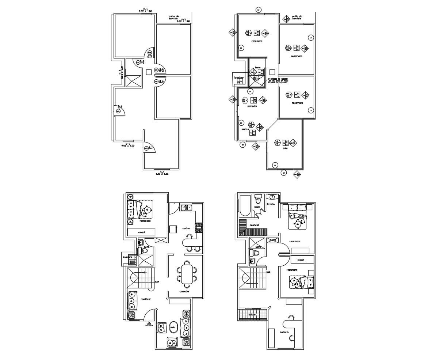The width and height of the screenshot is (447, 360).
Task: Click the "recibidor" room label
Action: coord(146,299)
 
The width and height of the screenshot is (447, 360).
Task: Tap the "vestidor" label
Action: coord(254,225)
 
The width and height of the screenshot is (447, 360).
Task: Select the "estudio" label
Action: coord(284,332)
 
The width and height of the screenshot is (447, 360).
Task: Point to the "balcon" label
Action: coord(252,314)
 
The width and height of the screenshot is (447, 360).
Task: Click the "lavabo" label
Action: coord(271,204)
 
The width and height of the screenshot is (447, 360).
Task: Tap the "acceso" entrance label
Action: coord(149,325)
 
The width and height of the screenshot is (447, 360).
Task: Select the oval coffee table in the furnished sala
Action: coord(173,327)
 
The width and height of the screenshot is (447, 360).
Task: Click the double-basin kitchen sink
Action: coord(186,208)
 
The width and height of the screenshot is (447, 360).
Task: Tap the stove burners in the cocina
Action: coord(199,227)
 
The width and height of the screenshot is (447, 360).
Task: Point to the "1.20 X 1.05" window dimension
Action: coord(161,174)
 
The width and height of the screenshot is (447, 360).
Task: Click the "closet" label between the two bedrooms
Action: coord(301,260)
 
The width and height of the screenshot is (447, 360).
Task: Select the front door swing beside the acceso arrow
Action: coord(149,315)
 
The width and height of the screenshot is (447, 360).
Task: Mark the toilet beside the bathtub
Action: coord(258,200)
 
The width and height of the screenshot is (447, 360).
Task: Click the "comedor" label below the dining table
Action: coord(184,292)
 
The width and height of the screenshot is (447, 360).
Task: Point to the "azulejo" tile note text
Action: coord(278,81)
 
